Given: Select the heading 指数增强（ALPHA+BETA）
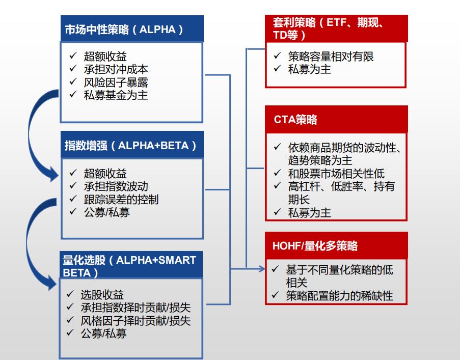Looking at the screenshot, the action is click(x=130, y=146).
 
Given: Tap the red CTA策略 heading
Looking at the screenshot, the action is click(x=295, y=120).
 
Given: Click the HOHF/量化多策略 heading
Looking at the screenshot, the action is click(x=315, y=245).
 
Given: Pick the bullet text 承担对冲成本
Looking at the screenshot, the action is click(x=116, y=69).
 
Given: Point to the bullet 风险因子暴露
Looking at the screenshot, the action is click(x=116, y=82).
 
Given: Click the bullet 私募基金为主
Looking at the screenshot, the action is click(x=116, y=95).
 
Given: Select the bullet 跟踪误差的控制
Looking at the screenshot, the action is click(x=121, y=199).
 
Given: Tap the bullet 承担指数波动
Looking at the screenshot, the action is click(x=116, y=186).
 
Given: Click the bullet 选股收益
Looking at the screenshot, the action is click(x=102, y=295).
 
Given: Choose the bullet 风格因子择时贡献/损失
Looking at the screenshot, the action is click(x=136, y=320).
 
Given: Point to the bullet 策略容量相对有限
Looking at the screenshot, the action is click(x=331, y=57).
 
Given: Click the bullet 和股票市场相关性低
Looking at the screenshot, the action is click(x=336, y=174).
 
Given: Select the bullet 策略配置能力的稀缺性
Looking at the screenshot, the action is click(x=339, y=295).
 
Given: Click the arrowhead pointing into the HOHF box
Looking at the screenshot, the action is click(x=262, y=268).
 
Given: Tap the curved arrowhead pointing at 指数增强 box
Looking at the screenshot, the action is click(x=55, y=175).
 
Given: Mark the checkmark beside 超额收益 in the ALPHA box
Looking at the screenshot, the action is click(x=73, y=55).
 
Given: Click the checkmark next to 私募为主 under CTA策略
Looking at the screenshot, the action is click(x=277, y=212).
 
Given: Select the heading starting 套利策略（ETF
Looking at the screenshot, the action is click(x=328, y=29).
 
